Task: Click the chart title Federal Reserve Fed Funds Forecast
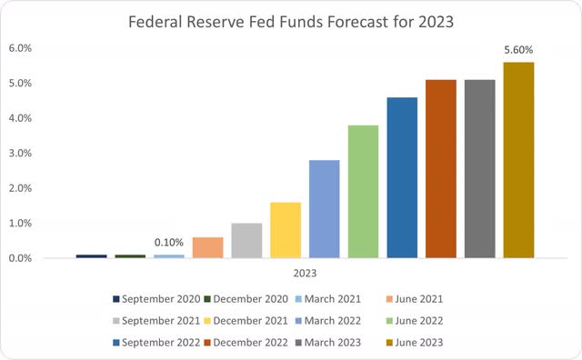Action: pyautogui.click(x=291, y=20)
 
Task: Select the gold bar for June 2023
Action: pyautogui.click(x=518, y=160)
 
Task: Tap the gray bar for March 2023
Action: pyautogui.click(x=479, y=169)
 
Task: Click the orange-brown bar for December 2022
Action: pyautogui.click(x=440, y=169)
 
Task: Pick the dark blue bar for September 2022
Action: pyautogui.click(x=401, y=177)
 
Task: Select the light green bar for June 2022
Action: pyautogui.click(x=363, y=192)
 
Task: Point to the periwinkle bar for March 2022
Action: pyautogui.click(x=324, y=209)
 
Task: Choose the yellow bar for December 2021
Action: pyautogui.click(x=285, y=230)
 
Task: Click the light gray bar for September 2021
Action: pyautogui.click(x=246, y=241)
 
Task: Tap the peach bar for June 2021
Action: pyautogui.click(x=207, y=247)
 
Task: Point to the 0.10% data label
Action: pyautogui.click(x=169, y=243)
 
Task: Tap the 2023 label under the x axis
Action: pyautogui.click(x=305, y=272)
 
